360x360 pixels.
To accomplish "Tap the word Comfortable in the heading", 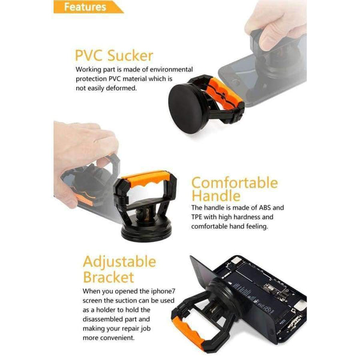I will (234, 183).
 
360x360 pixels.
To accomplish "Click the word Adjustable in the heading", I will (119, 262).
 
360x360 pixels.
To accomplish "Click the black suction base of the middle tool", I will (145, 232).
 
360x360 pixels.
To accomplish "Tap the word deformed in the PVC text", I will (123, 88).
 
